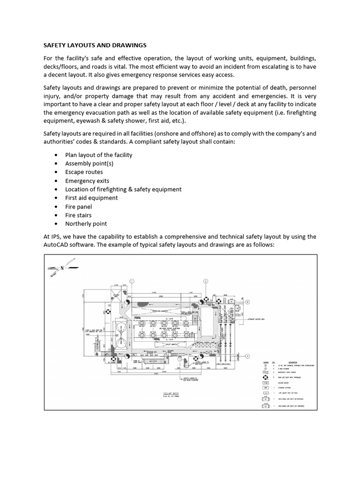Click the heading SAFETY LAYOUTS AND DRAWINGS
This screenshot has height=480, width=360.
click(x=95, y=45)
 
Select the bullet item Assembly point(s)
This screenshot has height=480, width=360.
click(x=89, y=164)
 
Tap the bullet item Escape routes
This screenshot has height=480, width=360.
click(x=84, y=172)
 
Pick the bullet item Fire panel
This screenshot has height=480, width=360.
click(x=78, y=206)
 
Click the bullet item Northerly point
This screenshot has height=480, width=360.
click(x=86, y=224)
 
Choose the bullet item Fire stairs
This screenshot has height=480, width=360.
click(x=78, y=215)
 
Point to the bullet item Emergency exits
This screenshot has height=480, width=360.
click(x=87, y=180)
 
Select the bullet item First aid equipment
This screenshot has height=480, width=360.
click(x=91, y=198)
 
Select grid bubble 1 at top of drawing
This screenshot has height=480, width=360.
click(x=132, y=281)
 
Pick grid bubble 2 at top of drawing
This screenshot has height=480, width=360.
click(x=205, y=281)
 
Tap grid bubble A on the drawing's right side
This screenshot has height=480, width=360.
click(x=247, y=355)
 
